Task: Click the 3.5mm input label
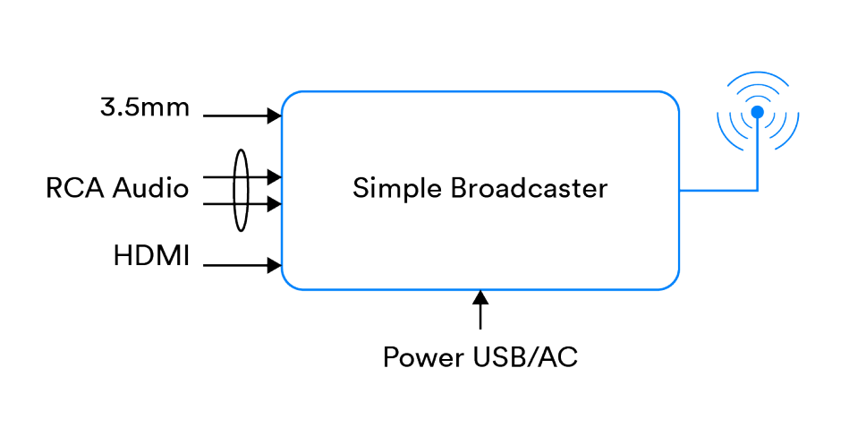(145, 108)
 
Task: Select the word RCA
(76, 189)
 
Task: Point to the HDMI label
(151, 256)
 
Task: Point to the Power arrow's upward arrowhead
(481, 297)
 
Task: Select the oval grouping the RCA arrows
(240, 191)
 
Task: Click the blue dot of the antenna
(758, 112)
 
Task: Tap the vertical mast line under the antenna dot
(758, 157)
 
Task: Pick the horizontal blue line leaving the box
(716, 190)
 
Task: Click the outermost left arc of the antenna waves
(721, 113)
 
